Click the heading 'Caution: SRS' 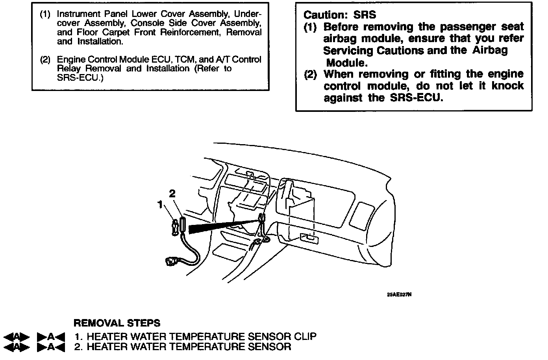tap(339, 15)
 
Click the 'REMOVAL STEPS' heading tap(117, 323)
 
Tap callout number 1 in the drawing tap(160, 204)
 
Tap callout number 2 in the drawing tap(172, 193)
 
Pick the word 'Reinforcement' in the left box tap(191, 33)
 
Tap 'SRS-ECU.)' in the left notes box tap(80, 78)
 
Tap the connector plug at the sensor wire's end tap(172, 261)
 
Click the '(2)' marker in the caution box tap(311, 74)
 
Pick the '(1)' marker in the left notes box tap(45, 15)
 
